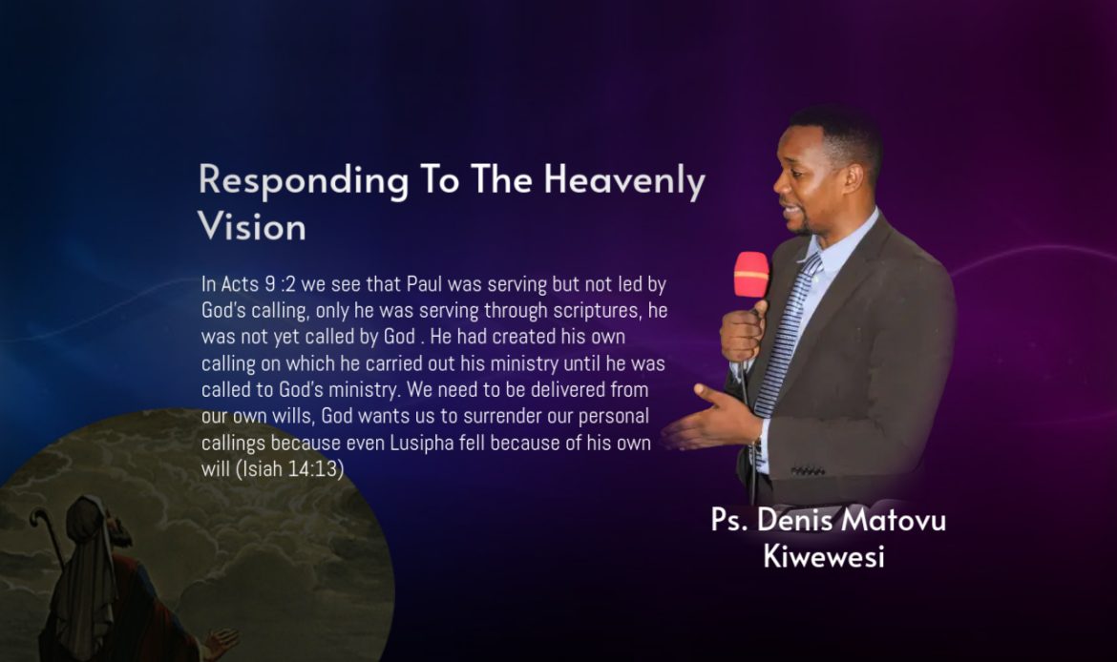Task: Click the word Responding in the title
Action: tap(304, 181)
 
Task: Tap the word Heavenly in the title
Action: tap(624, 181)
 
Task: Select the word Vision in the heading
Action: tap(251, 227)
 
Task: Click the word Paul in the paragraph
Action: tap(425, 284)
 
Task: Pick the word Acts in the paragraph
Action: tap(240, 284)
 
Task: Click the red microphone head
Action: tap(751, 274)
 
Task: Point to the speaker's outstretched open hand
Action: tap(706, 420)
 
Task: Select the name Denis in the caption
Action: tap(795, 520)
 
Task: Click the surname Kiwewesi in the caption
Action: tap(824, 556)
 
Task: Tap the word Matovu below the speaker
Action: tap(894, 520)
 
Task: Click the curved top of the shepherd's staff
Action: tap(41, 518)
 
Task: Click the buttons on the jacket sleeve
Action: tap(807, 470)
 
